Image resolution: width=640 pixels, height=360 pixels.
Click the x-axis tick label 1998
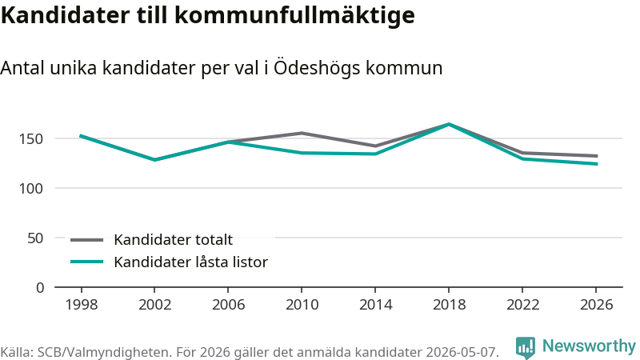[x=82, y=305]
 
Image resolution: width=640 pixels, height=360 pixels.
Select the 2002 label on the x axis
[x=154, y=305]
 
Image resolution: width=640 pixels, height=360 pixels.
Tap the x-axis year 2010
[x=302, y=305]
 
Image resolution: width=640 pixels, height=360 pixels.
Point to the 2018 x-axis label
[x=449, y=305]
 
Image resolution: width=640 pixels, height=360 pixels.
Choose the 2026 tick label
[x=596, y=305]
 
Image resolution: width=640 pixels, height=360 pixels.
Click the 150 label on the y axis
[x=31, y=139]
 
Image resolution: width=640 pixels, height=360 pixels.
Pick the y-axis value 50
[x=35, y=238]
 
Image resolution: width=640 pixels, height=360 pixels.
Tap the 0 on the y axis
[x=39, y=288]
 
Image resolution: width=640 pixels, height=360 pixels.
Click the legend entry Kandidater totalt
[x=173, y=239]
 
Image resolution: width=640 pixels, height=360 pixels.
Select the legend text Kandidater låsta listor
[x=190, y=262]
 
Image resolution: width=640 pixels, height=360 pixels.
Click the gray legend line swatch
[x=86, y=240]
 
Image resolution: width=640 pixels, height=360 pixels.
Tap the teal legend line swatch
[x=86, y=262]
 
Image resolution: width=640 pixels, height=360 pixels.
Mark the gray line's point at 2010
[x=302, y=133]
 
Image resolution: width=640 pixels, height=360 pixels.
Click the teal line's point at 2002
[x=154, y=159]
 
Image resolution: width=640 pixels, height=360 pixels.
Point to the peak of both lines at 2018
[x=449, y=124]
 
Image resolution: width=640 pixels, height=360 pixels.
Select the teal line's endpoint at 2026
[x=596, y=164]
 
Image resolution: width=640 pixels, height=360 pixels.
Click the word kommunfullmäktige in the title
[x=294, y=15]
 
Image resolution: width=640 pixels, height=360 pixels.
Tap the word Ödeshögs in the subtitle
[x=317, y=68]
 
